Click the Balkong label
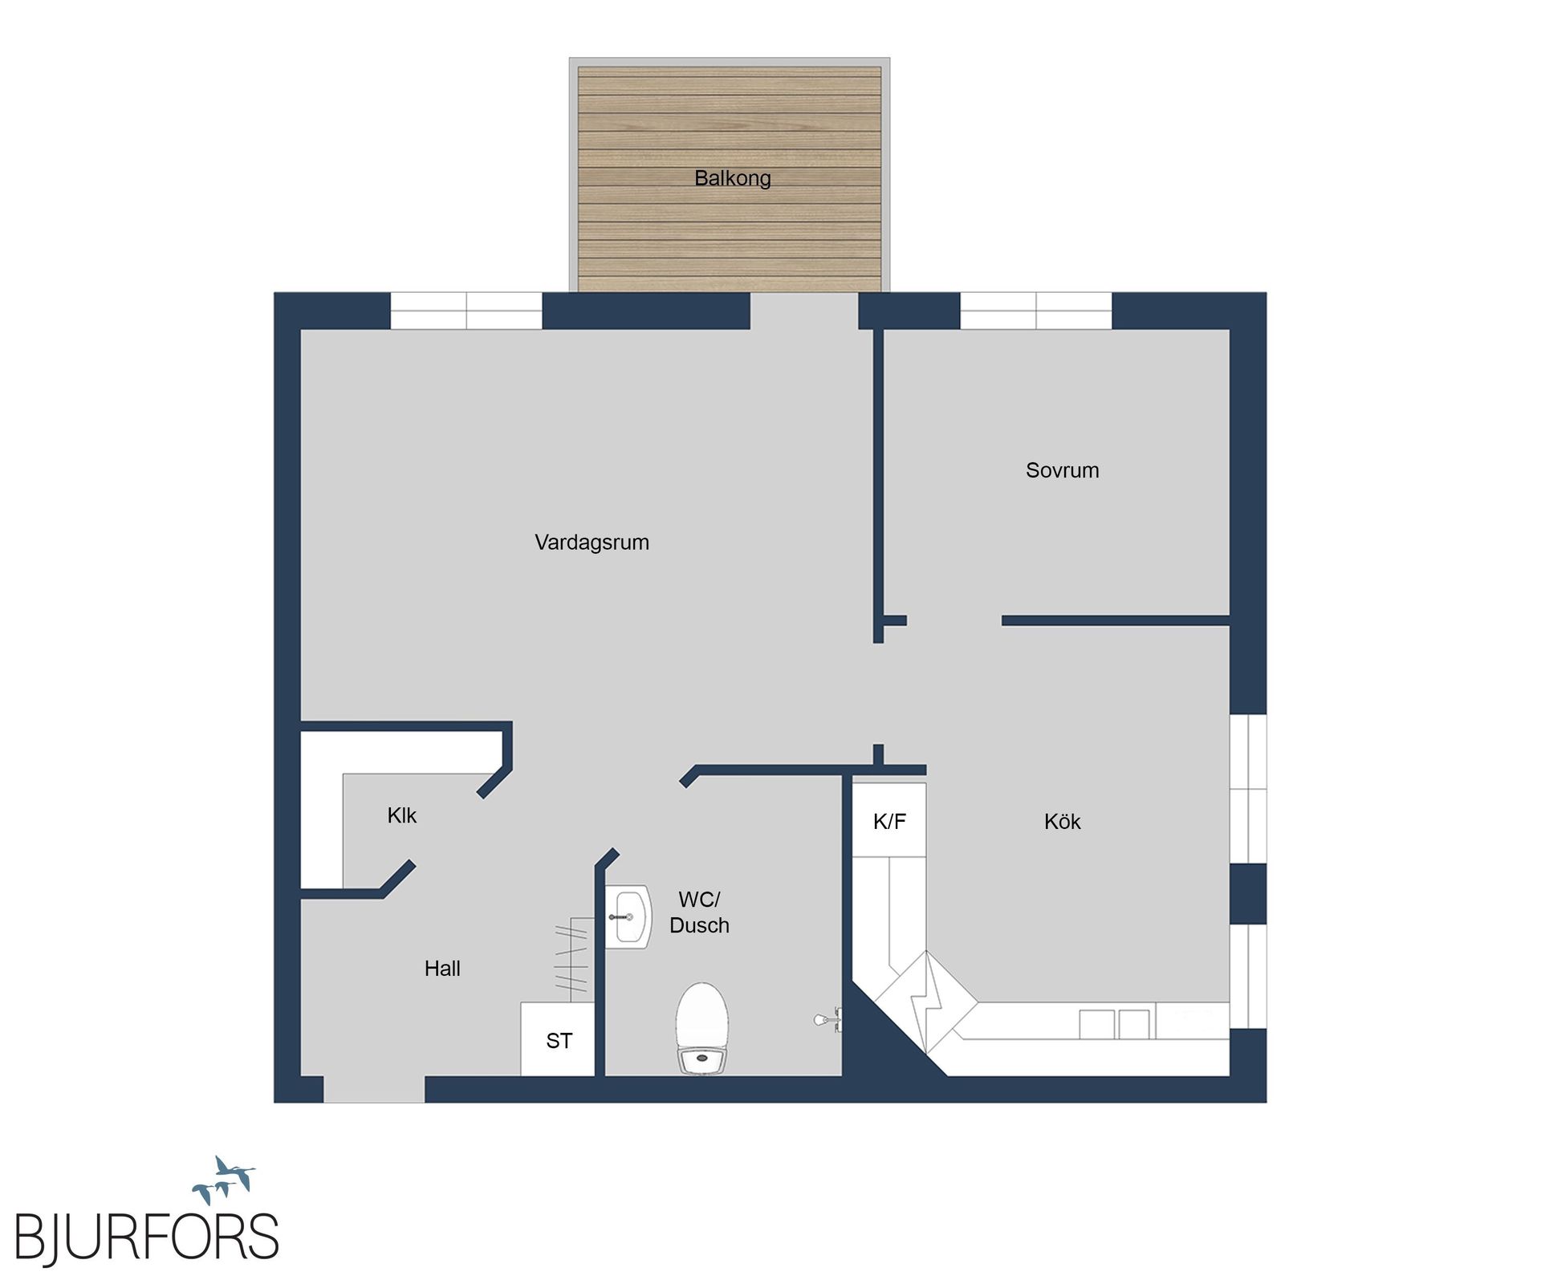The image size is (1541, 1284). pyautogui.click(x=732, y=178)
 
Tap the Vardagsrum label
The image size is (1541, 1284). pyautogui.click(x=592, y=542)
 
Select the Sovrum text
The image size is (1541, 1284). pyautogui.click(x=1062, y=470)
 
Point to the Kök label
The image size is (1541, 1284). pyautogui.click(x=1062, y=822)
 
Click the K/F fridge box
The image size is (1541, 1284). pyautogui.click(x=889, y=821)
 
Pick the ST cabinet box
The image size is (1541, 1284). pyautogui.click(x=559, y=1041)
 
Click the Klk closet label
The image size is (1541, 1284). pyautogui.click(x=401, y=816)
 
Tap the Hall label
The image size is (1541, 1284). pyautogui.click(x=442, y=969)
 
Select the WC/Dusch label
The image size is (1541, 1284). pyautogui.click(x=699, y=912)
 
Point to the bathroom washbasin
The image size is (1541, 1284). pyautogui.click(x=628, y=917)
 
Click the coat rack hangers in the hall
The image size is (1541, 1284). pyautogui.click(x=571, y=959)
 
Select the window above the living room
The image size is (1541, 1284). pyautogui.click(x=466, y=311)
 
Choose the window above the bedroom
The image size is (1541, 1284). pyautogui.click(x=1035, y=311)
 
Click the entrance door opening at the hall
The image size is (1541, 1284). pyautogui.click(x=374, y=1090)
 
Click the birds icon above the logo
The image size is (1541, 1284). pyautogui.click(x=224, y=1180)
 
